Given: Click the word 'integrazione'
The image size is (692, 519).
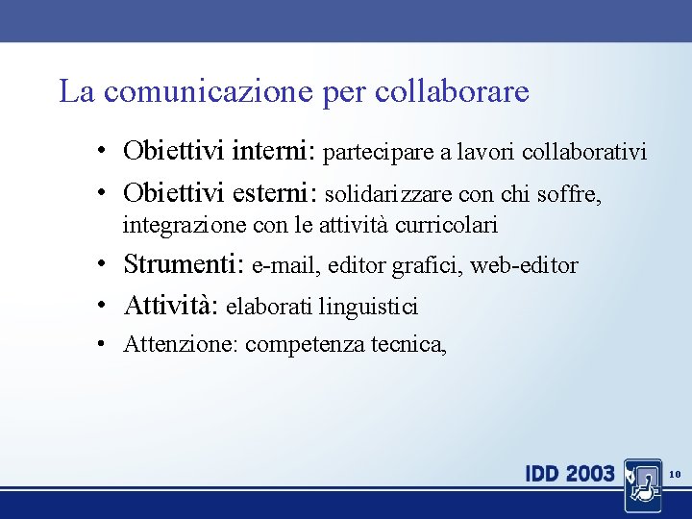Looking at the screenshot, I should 184,226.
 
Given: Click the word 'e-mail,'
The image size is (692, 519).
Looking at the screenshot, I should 285,265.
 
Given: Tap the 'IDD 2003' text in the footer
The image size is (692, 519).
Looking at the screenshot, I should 570,474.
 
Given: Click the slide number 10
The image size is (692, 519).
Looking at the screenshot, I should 674,474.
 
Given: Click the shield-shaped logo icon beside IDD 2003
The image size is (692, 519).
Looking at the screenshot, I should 641,483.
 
